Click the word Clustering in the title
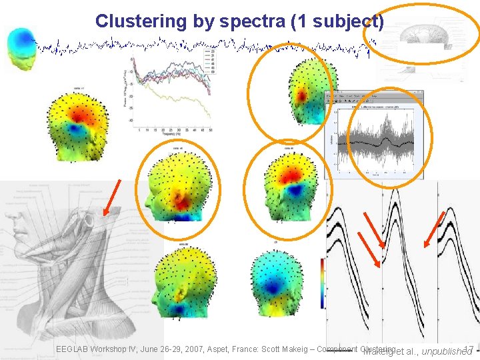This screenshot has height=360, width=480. coord(139,21)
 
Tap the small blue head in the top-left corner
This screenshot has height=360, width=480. coord(21,47)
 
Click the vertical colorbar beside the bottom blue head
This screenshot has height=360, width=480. coord(323,283)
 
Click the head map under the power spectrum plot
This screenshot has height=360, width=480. coord(177,183)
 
